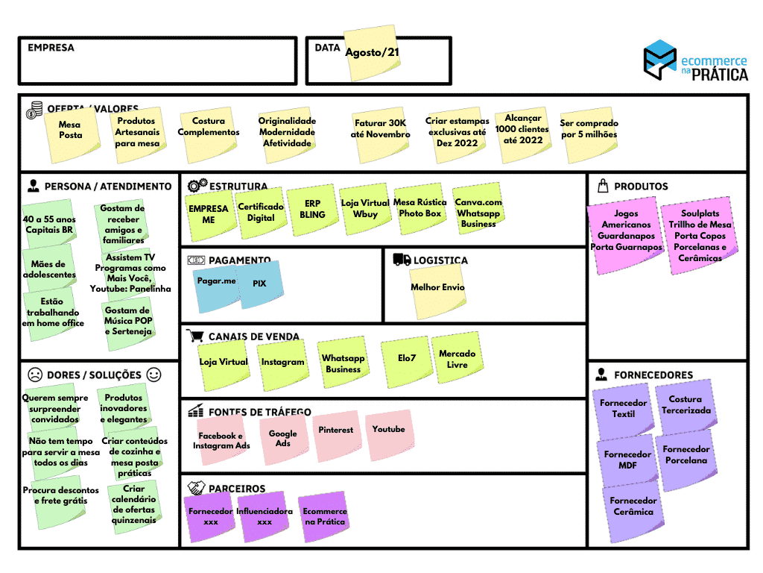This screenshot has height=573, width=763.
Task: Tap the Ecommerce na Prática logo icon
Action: click(659, 59)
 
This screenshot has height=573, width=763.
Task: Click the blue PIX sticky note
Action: click(259, 284)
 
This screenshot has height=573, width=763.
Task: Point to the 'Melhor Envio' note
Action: click(437, 288)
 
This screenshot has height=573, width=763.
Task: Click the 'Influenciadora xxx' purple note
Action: click(265, 516)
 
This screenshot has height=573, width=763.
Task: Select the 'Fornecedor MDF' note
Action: click(627, 460)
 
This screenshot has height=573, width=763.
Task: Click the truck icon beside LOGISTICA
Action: click(402, 260)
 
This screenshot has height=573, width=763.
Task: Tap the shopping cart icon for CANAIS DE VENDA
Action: click(195, 336)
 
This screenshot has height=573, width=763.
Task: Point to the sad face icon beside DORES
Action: click(34, 375)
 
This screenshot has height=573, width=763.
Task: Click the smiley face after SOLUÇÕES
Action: click(153, 375)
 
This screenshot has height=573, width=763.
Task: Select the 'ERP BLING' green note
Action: click(312, 209)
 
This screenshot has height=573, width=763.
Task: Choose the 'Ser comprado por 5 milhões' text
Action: click(589, 129)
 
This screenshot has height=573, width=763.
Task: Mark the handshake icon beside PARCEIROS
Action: click(197, 489)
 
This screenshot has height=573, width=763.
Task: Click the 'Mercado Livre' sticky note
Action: click(457, 360)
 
